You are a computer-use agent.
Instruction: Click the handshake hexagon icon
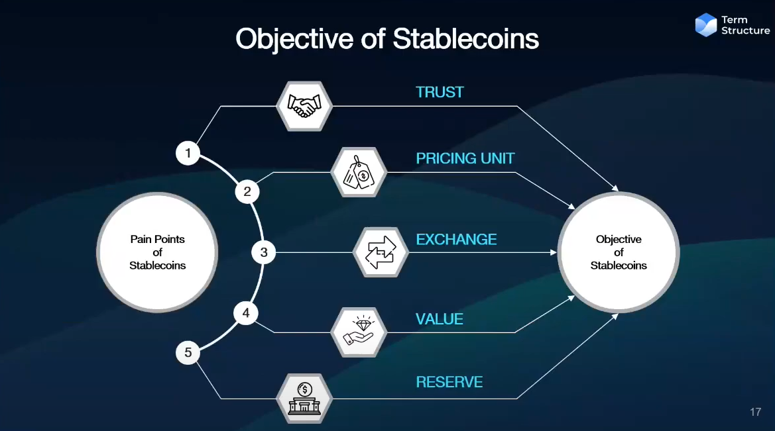pos(304,106)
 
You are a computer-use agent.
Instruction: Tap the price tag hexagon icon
pos(359,172)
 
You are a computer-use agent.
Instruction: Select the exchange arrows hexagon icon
pos(381,252)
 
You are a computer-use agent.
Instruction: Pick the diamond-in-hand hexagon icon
pos(359,332)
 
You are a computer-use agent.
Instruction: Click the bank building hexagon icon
pos(304,399)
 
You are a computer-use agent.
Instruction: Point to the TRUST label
pos(440,92)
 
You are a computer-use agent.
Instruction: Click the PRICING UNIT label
pos(465,158)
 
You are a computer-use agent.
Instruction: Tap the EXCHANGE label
pos(456,240)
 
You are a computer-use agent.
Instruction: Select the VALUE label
pos(440,319)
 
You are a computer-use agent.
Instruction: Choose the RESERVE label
pos(449,382)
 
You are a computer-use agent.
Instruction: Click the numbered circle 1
pos(188,153)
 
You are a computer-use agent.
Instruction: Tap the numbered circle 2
pos(247,191)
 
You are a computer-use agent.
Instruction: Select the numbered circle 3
pos(263,252)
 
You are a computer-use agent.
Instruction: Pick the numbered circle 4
pos(246,313)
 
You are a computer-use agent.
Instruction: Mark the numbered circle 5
pos(188,352)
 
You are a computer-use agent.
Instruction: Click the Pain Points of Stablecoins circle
pos(157,252)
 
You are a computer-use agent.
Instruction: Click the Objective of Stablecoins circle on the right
pos(619,252)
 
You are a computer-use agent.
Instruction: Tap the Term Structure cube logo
pos(706,24)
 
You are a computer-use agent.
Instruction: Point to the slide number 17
pos(755,412)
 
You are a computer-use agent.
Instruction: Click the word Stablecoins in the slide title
pos(465,38)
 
